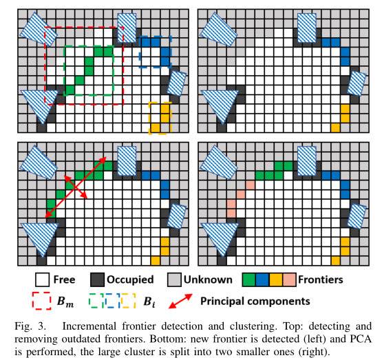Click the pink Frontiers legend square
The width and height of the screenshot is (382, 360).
click(x=291, y=280)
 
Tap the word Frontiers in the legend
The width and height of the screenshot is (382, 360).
click(x=322, y=280)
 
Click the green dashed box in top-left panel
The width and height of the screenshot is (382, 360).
click(x=89, y=71)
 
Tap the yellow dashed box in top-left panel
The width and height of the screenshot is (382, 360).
click(x=159, y=118)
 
